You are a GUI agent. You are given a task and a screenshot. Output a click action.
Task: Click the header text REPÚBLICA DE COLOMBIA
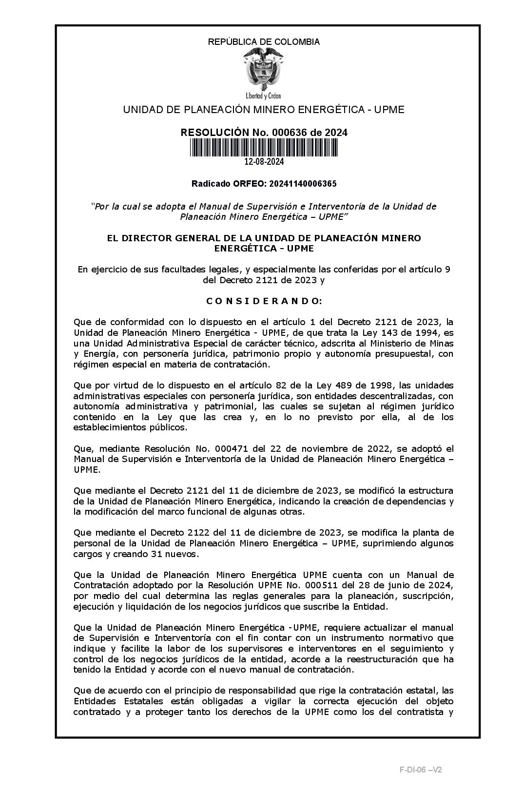click(264, 42)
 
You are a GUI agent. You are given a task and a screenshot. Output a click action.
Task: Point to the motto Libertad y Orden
click(264, 96)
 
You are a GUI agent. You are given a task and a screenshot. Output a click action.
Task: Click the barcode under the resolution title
click(264, 148)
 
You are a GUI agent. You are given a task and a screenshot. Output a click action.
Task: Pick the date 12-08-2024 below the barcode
click(264, 162)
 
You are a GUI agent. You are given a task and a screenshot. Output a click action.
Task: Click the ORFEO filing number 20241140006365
click(300, 184)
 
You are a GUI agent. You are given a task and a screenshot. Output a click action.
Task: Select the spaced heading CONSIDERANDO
click(264, 301)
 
